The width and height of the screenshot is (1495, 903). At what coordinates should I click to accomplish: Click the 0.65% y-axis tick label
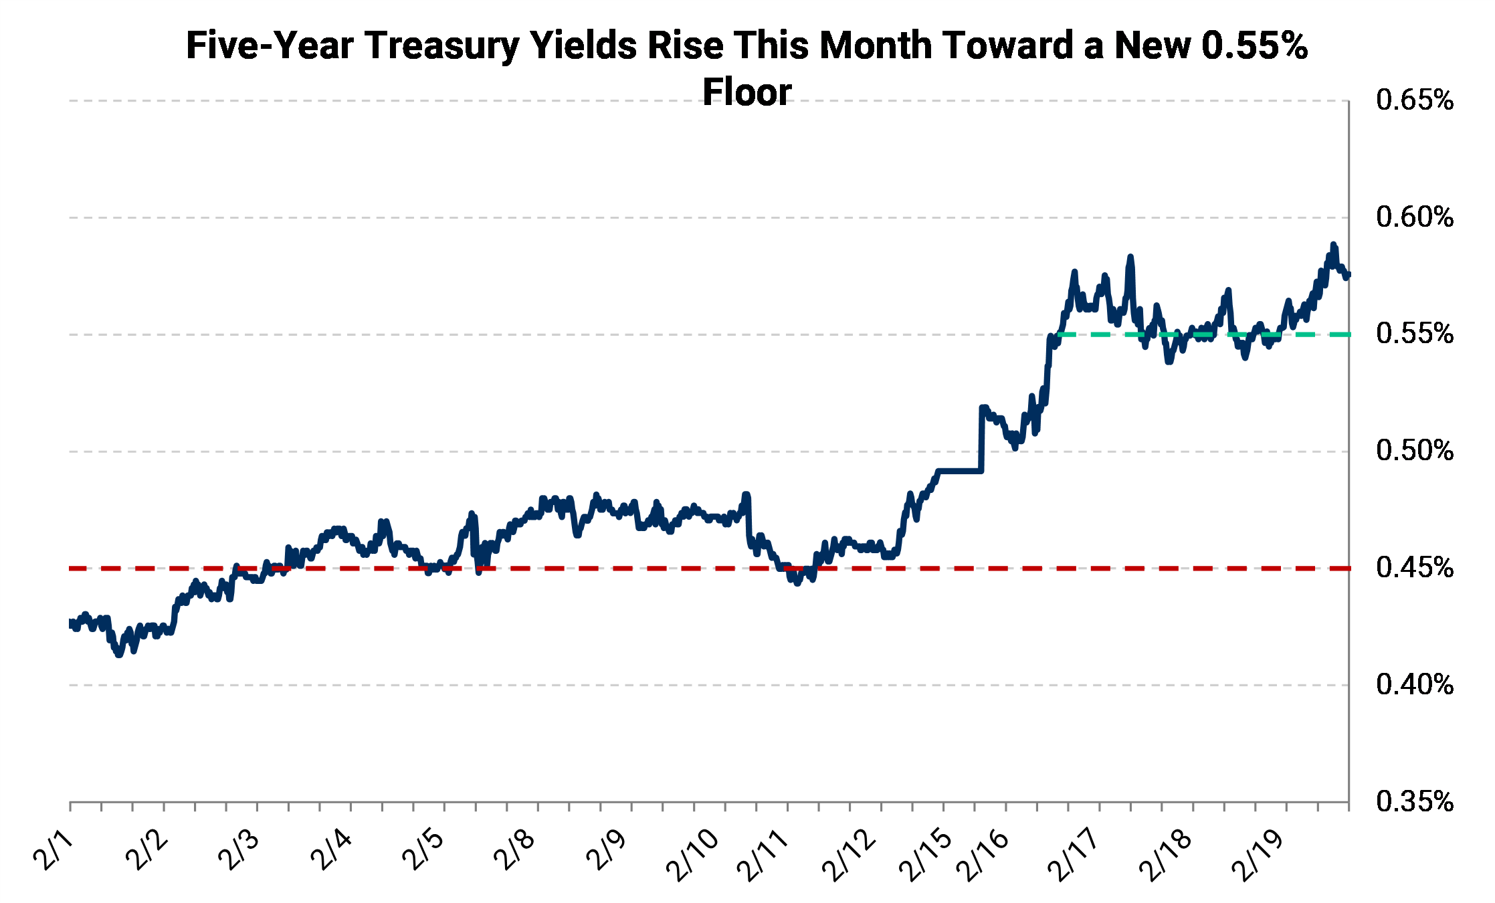(x=1414, y=101)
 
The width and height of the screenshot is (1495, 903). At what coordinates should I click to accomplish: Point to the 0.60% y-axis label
(x=1414, y=217)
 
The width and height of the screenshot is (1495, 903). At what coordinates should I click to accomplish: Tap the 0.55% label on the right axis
(x=1414, y=334)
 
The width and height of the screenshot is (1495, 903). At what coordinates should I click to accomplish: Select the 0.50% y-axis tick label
(x=1414, y=451)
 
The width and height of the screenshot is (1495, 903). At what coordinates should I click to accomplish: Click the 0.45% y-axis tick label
(x=1414, y=568)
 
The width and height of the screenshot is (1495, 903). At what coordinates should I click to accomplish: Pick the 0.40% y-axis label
(x=1414, y=685)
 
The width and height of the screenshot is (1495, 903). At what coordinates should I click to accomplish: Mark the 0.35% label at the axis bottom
(x=1414, y=801)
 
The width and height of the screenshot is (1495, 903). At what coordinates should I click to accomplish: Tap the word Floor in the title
(x=747, y=92)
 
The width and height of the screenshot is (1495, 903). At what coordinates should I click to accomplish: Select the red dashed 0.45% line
(x=602, y=569)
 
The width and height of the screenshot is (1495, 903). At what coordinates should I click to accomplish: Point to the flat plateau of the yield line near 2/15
(x=960, y=472)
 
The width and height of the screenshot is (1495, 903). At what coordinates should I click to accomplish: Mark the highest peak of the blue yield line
(x=1333, y=245)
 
